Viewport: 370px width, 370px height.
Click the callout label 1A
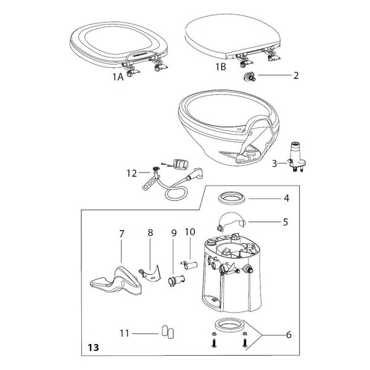(x=118, y=76)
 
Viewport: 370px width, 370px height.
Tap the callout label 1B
(x=221, y=67)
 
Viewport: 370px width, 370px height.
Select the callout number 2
(x=296, y=75)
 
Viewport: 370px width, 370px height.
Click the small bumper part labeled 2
(x=249, y=77)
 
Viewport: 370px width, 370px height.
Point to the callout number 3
(x=274, y=163)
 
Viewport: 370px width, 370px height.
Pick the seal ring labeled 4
(x=232, y=198)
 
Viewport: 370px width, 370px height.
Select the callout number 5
(x=286, y=222)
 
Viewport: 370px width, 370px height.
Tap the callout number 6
(x=289, y=335)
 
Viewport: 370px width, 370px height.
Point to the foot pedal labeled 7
(x=116, y=282)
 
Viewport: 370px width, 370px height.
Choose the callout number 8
(x=150, y=232)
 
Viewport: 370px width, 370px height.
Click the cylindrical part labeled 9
(x=176, y=280)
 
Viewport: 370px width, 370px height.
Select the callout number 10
(x=190, y=232)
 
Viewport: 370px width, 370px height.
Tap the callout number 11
(x=125, y=334)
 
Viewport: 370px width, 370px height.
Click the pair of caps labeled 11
(x=168, y=332)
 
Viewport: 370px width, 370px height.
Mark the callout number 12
(x=132, y=173)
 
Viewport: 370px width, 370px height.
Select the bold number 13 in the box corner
(x=94, y=347)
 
